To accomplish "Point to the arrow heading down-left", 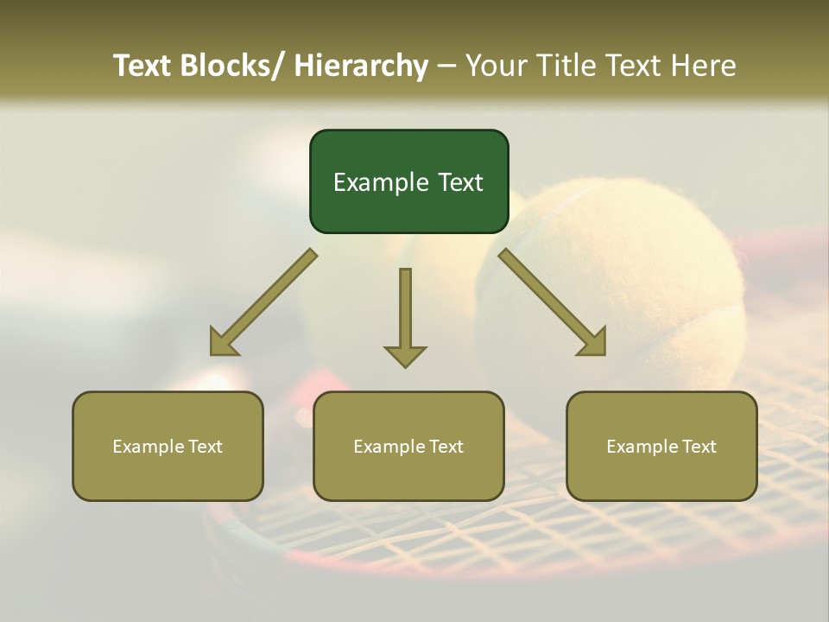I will pos(263,302).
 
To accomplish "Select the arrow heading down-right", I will pos(553,302).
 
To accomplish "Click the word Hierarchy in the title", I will pos(361,66).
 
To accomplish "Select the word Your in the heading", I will pos(496,66).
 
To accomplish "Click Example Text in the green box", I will pos(408,182).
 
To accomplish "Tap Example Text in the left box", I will pos(168,447).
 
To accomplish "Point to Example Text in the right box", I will pos(661,447).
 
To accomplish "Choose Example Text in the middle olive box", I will pos(408,447).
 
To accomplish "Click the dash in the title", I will pos(446,66).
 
